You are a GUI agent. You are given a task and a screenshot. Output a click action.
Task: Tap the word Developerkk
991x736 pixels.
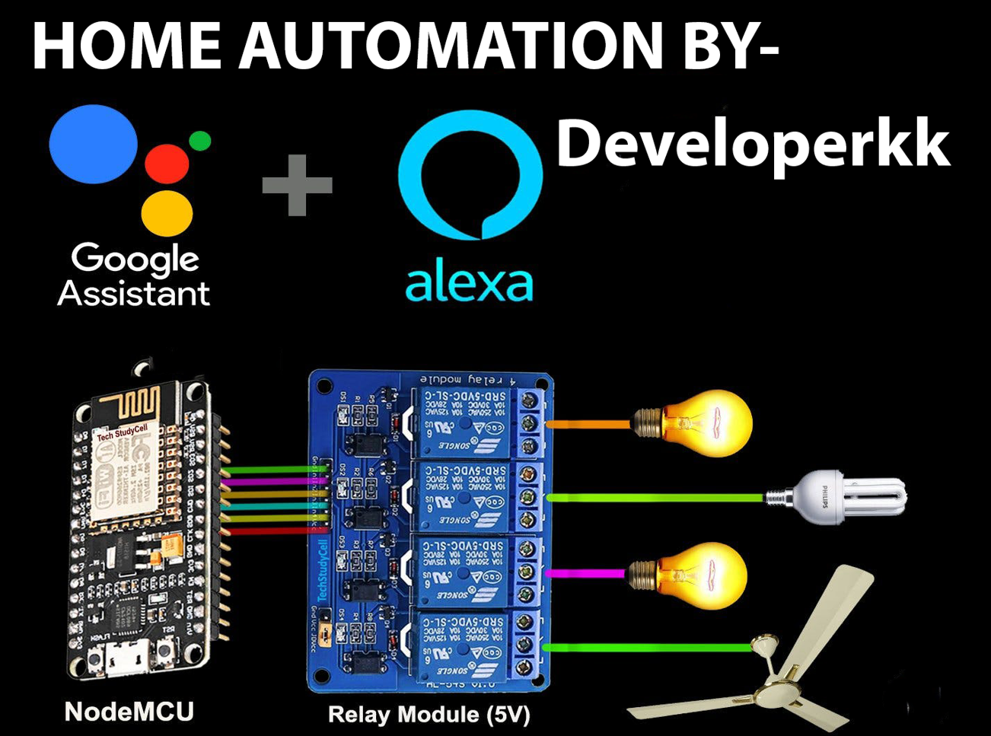tap(753, 145)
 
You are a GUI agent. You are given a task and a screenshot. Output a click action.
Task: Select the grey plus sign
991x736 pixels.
tap(297, 185)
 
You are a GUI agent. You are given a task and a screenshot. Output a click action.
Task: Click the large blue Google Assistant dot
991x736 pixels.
tap(93, 145)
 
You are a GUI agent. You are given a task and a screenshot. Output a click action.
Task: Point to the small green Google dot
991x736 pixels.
tap(199, 141)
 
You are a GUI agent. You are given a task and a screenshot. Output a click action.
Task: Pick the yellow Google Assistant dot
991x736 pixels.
tap(167, 212)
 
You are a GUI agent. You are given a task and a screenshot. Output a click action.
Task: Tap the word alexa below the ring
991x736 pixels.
tap(468, 283)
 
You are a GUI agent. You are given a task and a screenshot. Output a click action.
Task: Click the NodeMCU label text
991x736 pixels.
tap(129, 712)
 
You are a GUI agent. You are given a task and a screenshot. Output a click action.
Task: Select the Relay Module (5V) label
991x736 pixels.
tap(429, 715)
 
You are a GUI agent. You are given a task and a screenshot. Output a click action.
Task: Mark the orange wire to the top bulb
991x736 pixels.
tap(589, 423)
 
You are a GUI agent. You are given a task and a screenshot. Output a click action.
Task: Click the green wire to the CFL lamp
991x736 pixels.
tap(655, 497)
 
